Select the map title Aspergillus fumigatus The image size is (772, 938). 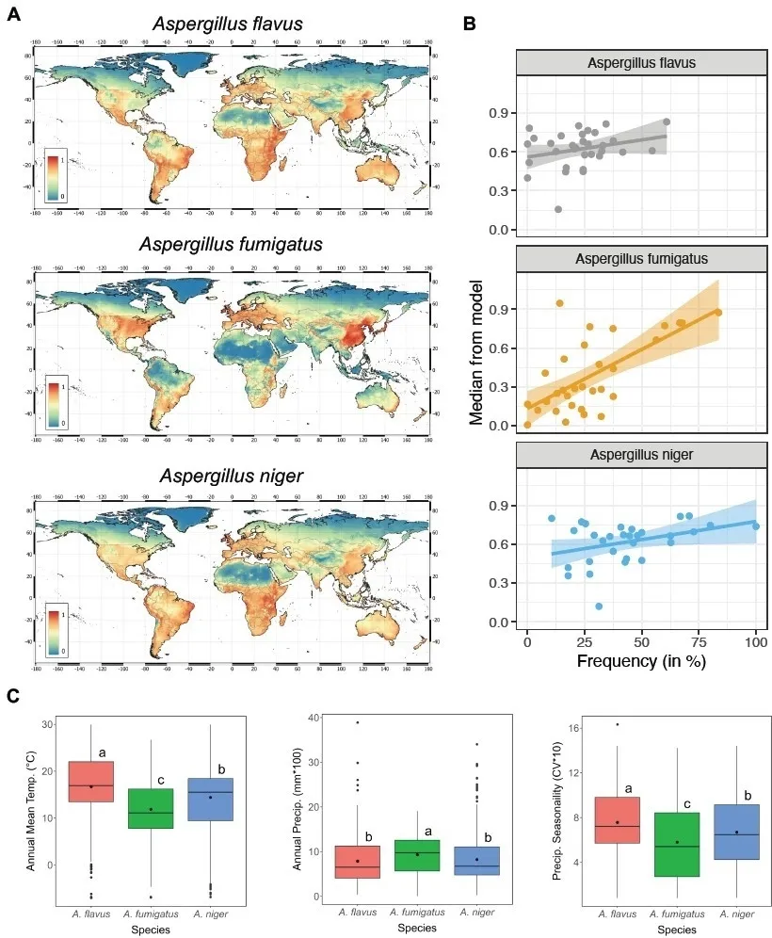coord(231,245)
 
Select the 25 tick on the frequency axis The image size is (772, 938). coord(585,639)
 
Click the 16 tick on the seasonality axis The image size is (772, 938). coord(584,726)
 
